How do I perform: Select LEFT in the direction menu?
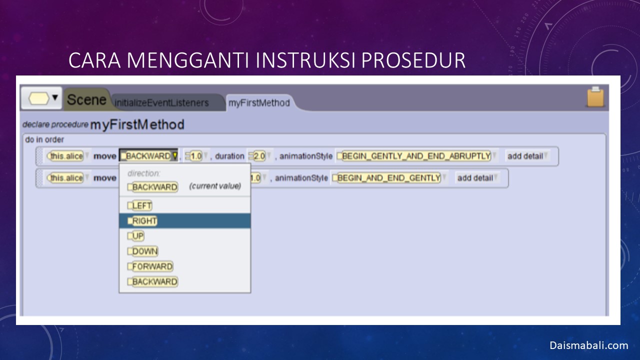tap(139, 205)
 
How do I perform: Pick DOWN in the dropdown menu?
tap(142, 251)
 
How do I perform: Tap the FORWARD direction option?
tap(150, 266)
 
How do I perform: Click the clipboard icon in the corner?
tap(595, 97)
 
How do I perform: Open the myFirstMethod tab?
tap(259, 103)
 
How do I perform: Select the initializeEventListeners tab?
tap(161, 103)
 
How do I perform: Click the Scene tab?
tap(86, 99)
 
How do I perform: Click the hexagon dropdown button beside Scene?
tap(41, 98)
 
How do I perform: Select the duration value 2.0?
tap(257, 156)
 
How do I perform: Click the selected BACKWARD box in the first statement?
tap(148, 156)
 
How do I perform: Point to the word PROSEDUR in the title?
tap(413, 60)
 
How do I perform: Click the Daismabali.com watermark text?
tap(589, 345)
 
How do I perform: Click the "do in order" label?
tap(44, 139)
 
